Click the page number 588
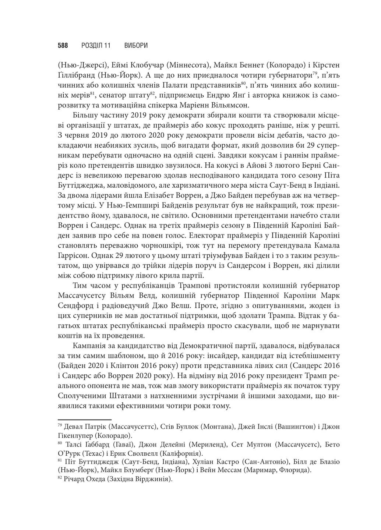tap(63, 46)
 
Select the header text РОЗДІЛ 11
tap(96, 46)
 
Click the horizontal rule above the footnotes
tap(84, 419)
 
